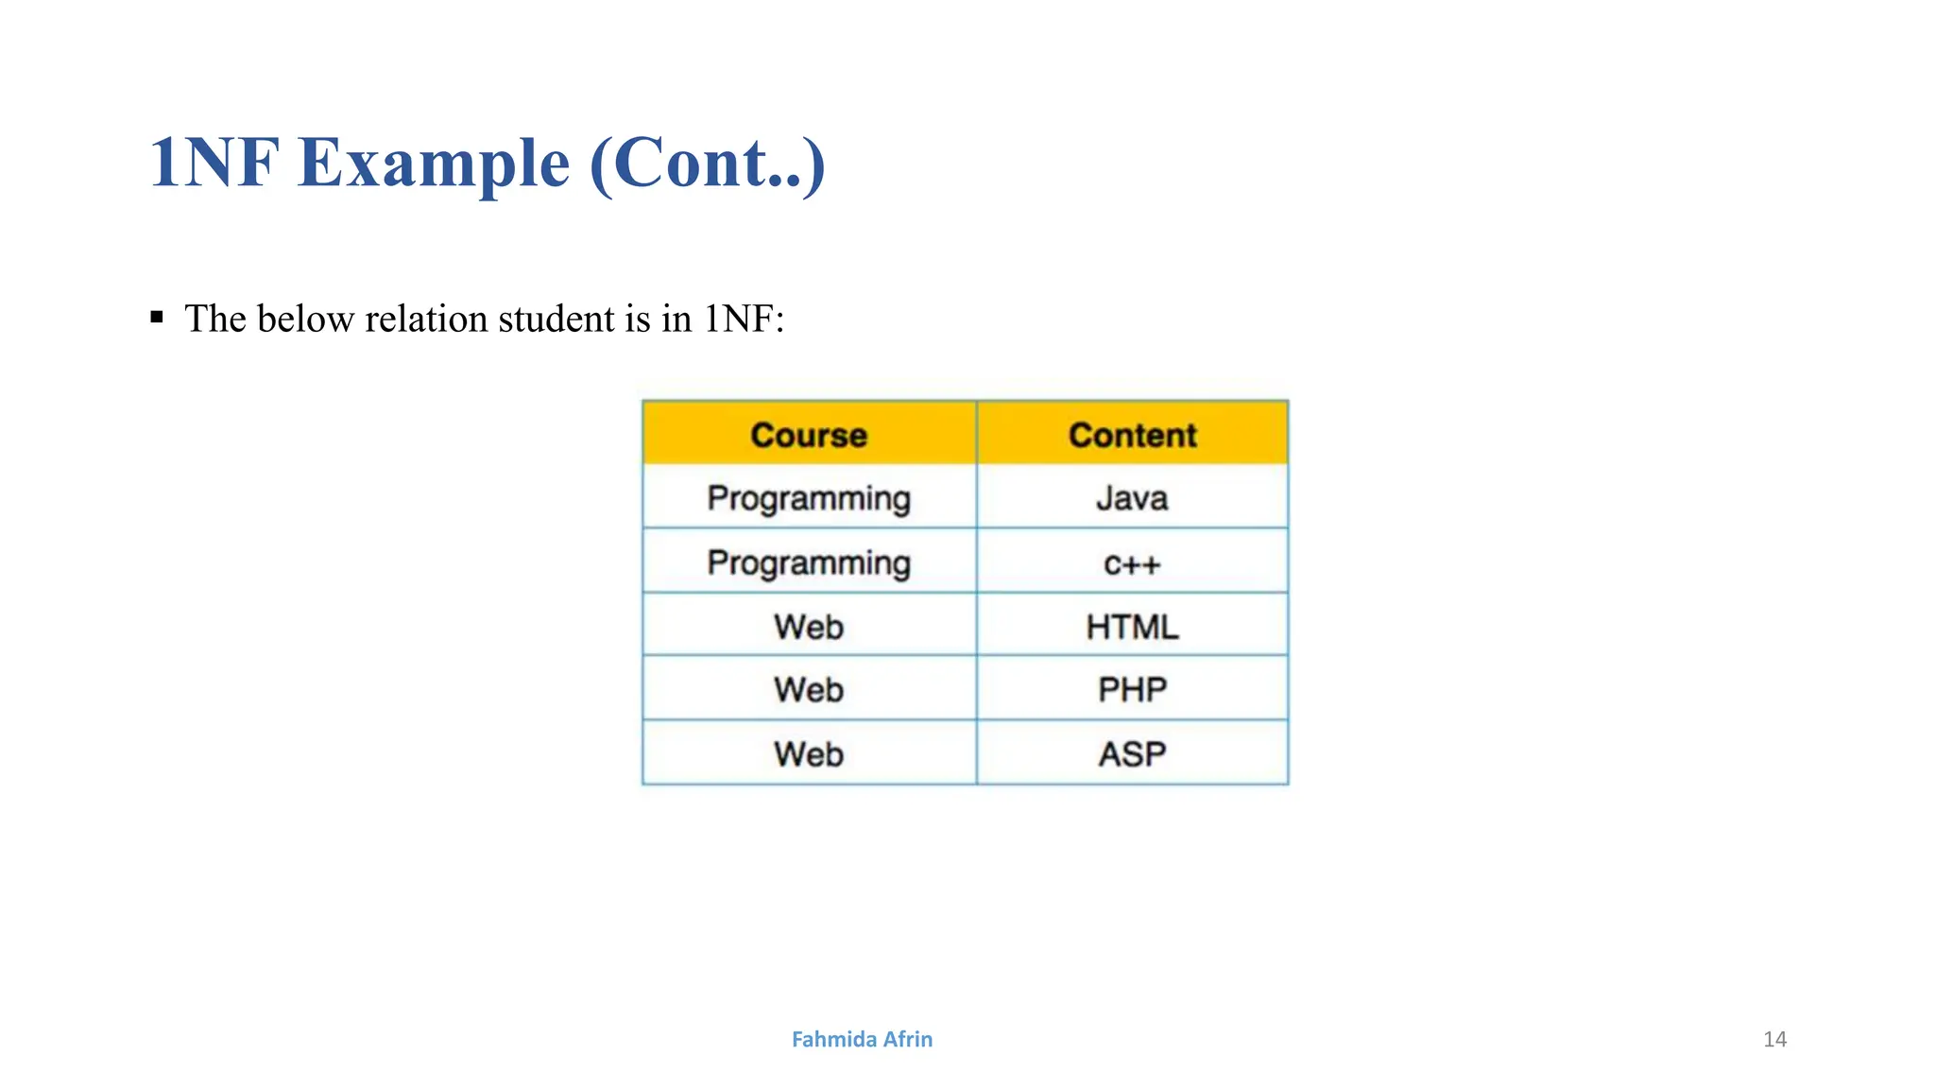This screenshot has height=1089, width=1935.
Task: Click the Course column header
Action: click(x=809, y=435)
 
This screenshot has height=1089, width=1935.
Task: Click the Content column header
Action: click(x=1132, y=435)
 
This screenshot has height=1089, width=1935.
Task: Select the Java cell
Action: click(x=1132, y=498)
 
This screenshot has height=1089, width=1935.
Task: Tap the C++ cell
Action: click(x=1132, y=563)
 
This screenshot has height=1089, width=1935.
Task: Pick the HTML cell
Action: click(x=1132, y=627)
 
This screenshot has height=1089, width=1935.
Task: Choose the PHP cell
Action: click(x=1132, y=689)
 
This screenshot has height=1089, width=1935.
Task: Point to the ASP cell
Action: click(x=1132, y=753)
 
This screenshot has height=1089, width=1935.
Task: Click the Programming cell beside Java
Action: click(x=809, y=498)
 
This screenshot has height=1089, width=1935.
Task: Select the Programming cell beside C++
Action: click(x=809, y=563)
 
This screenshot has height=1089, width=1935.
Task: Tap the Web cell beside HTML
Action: click(x=809, y=627)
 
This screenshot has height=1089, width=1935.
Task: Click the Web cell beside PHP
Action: click(x=809, y=689)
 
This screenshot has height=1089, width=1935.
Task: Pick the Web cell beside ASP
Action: click(x=809, y=753)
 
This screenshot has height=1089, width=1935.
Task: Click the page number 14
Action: click(x=1774, y=1040)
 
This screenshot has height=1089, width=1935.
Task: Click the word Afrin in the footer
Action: click(x=908, y=1040)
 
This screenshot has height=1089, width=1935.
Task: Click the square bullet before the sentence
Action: click(x=157, y=317)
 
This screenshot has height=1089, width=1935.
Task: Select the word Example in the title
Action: click(x=434, y=163)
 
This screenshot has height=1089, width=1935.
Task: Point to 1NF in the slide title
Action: click(x=214, y=163)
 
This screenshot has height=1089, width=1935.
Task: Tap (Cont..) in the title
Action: click(x=708, y=163)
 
